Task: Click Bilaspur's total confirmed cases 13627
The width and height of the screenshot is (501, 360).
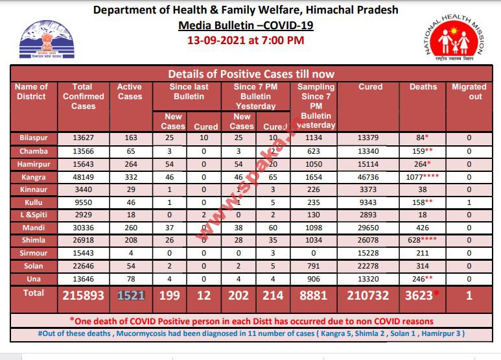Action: click(x=83, y=138)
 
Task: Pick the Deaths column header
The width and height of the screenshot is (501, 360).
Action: click(x=423, y=87)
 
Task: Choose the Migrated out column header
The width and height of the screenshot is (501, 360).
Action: click(x=469, y=91)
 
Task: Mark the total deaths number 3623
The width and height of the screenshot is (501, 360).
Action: click(x=420, y=296)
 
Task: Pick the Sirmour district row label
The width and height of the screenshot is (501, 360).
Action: click(x=34, y=254)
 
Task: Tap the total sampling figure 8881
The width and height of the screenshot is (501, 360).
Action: click(x=316, y=296)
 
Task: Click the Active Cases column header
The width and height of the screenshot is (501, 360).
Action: click(x=130, y=91)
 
